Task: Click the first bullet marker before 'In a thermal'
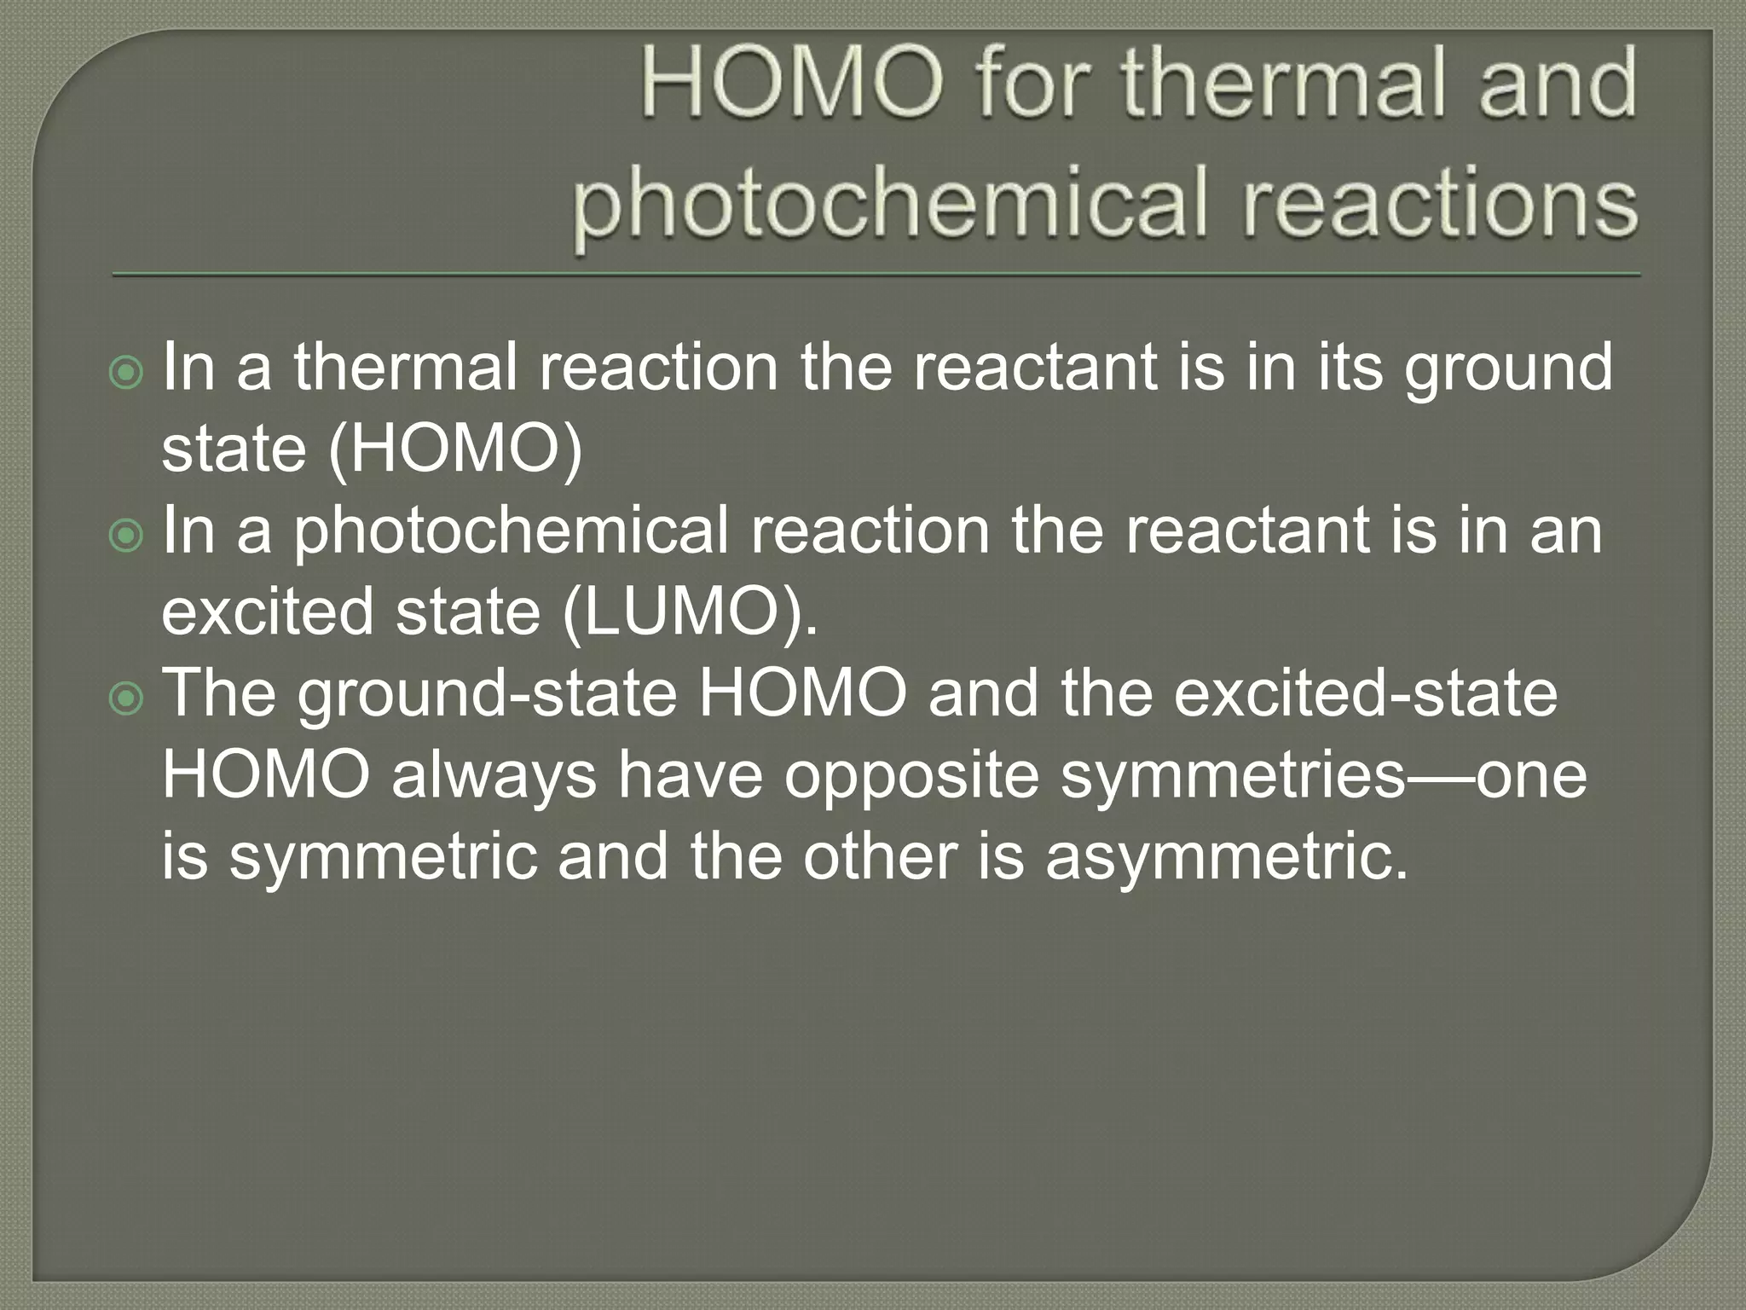point(128,372)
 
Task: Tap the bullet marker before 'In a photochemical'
point(128,536)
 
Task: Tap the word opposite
point(911,776)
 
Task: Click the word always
point(494,776)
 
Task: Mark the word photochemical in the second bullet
point(512,531)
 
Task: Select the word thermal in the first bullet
point(406,368)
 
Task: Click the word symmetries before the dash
point(1232,776)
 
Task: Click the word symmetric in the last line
point(384,857)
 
